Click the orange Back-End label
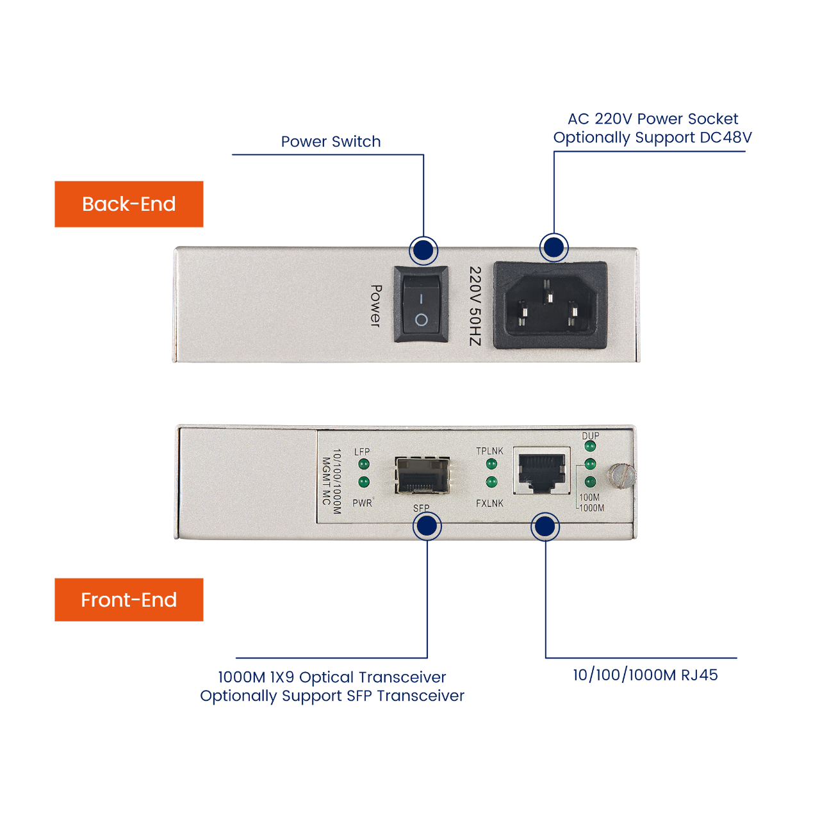129,204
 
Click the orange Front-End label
129,600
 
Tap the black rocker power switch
421,305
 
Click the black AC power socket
550,305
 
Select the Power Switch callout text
331,142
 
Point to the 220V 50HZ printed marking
474,306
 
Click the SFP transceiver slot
422,475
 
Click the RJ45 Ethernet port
542,471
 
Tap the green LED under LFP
364,464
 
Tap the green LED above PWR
364,482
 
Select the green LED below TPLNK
491,464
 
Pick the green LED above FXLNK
491,482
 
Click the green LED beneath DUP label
590,447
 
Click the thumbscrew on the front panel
621,475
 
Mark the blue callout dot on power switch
423,250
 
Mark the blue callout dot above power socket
553,247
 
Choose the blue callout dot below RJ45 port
545,527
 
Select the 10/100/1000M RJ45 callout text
645,675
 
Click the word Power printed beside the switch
376,306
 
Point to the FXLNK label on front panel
489,504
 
